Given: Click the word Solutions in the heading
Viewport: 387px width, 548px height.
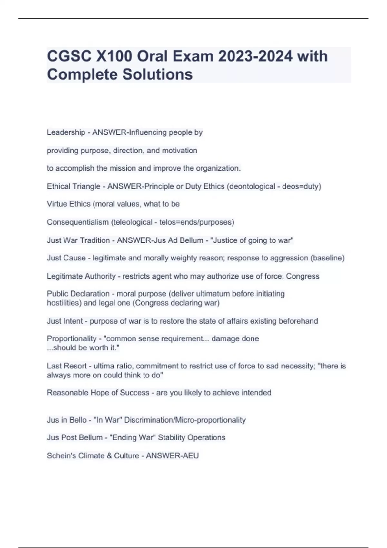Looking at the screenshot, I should pos(157,74).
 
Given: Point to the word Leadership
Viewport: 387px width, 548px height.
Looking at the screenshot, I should pos(66,132).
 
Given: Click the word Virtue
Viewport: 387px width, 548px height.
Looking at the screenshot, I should pos(57,204).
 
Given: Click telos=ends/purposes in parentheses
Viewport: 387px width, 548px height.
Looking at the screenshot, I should pos(196,222).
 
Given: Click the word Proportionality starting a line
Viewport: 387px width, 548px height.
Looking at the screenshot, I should pos(72,339).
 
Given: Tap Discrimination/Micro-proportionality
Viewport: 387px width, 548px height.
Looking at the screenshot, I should pos(185,420).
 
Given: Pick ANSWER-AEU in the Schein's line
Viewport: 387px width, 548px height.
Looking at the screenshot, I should pos(172,455).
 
